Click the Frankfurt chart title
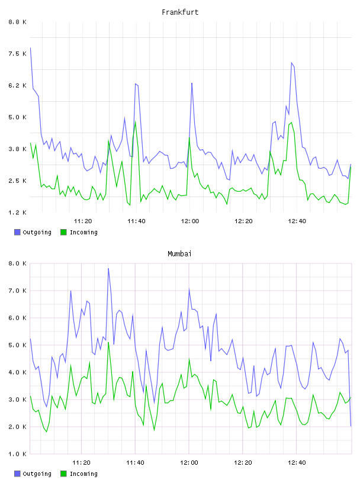click(180, 12)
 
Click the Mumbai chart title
click(179, 254)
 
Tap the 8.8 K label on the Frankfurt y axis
click(18, 22)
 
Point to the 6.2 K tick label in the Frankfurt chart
click(18, 85)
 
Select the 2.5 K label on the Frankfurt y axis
click(18, 181)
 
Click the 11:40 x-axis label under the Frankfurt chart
click(136, 221)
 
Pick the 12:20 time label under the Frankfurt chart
click(243, 221)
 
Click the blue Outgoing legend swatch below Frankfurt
click(17, 232)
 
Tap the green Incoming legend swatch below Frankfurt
click(63, 232)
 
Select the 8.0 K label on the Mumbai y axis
click(18, 263)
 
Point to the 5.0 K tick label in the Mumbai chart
click(18, 345)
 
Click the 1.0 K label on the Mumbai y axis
click(18, 454)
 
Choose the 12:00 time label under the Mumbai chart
click(189, 462)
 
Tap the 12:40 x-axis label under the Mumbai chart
click(297, 462)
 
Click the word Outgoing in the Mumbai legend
click(37, 474)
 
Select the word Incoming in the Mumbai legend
click(83, 474)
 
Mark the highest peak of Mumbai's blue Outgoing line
click(108, 268)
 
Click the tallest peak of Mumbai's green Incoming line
click(108, 342)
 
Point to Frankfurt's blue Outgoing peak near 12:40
click(291, 63)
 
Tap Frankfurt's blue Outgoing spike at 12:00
click(192, 83)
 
